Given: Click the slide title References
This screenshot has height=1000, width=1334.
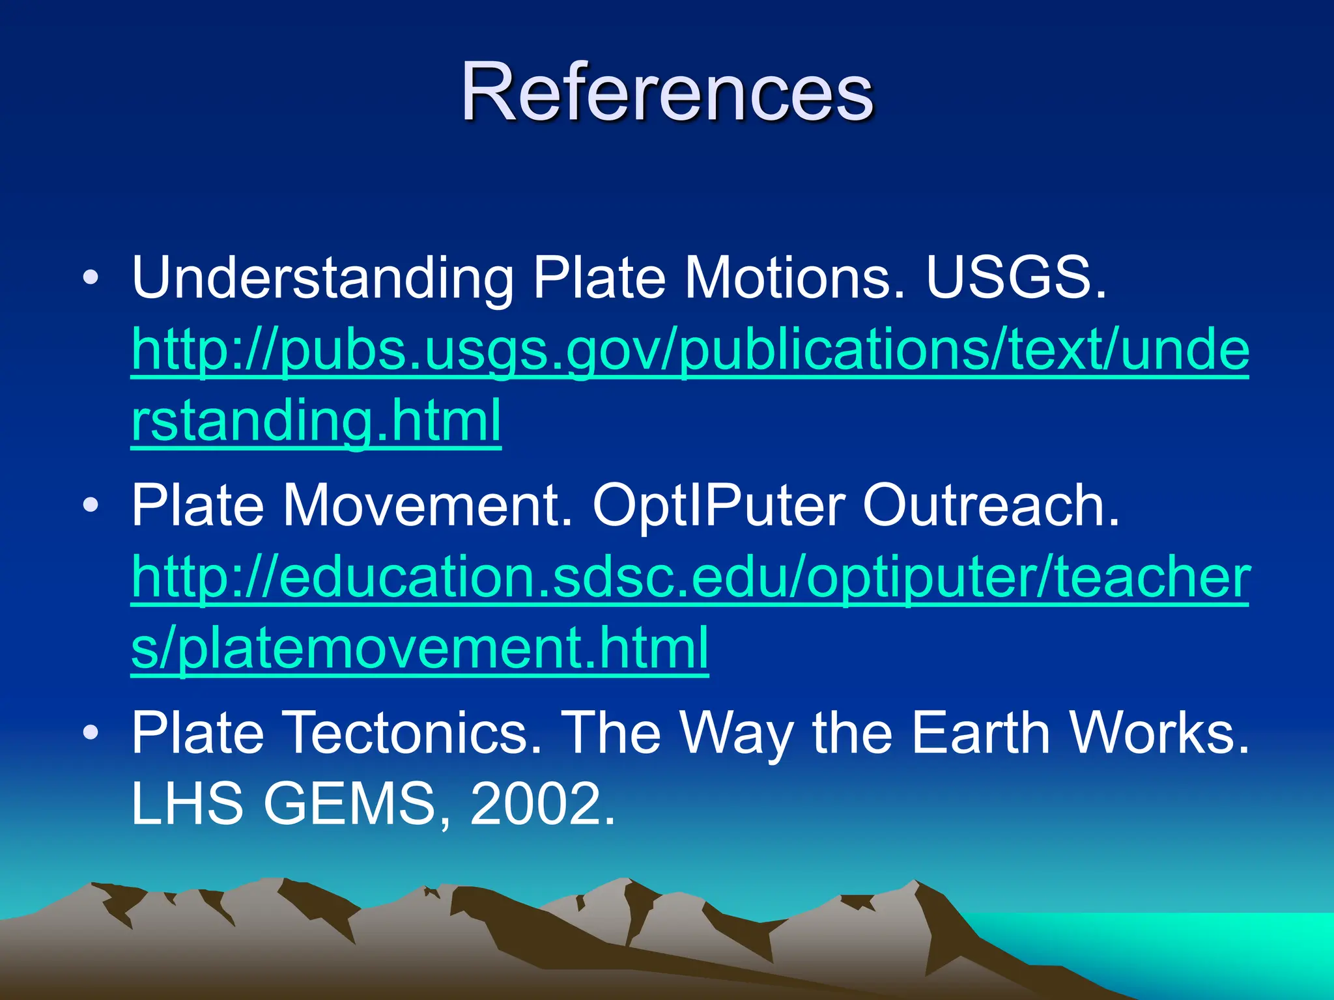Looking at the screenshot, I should click(666, 93).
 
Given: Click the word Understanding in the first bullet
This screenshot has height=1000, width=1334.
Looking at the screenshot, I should click(323, 278).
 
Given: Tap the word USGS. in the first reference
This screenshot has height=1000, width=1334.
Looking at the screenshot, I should click(1015, 278).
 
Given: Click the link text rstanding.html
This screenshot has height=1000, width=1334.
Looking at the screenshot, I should click(317, 421).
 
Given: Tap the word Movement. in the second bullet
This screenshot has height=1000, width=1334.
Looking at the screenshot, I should click(427, 506).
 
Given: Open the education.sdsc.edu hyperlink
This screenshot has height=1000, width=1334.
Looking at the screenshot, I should click(690, 579).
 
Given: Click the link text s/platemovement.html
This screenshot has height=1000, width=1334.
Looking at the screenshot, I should click(419, 648).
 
